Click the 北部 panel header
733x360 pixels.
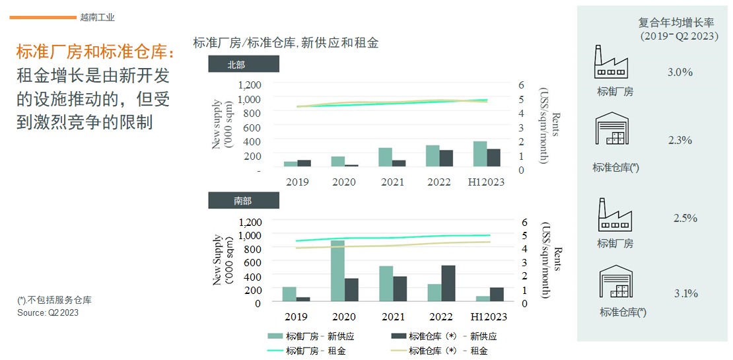pyautogui.click(x=243, y=64)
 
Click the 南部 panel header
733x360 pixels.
pyautogui.click(x=243, y=201)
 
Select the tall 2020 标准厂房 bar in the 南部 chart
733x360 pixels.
pyautogui.click(x=338, y=271)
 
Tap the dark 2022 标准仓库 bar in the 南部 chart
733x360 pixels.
pyautogui.click(x=448, y=283)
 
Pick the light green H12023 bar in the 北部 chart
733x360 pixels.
pyautogui.click(x=480, y=154)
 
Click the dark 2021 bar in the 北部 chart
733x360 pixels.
pyautogui.click(x=399, y=163)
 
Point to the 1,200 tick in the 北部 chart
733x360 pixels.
pyautogui.click(x=250, y=85)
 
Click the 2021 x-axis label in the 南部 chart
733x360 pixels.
pyautogui.click(x=392, y=317)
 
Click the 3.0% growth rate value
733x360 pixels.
pyautogui.click(x=680, y=72)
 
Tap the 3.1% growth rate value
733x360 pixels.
pyautogui.click(x=685, y=293)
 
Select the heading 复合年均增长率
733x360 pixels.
pyautogui.click(x=678, y=22)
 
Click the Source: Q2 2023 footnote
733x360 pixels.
pyautogui.click(x=48, y=312)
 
